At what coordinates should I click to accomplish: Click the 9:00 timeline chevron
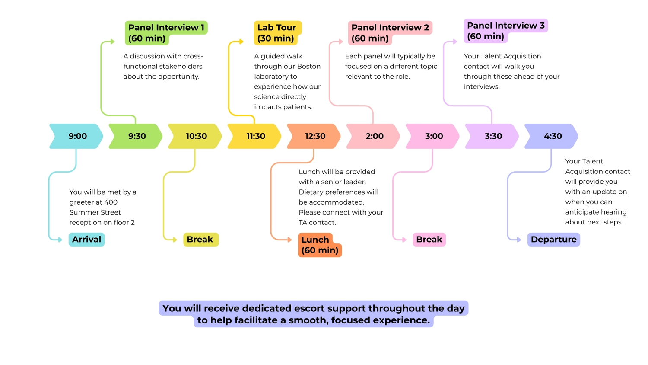point(77,136)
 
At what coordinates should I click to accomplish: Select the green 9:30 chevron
point(137,136)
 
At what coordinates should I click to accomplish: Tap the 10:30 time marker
point(196,136)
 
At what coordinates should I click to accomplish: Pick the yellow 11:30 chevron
point(255,136)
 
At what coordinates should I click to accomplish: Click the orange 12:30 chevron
point(315,136)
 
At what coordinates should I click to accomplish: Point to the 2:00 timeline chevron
point(374,136)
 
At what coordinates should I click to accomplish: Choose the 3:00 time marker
point(434,136)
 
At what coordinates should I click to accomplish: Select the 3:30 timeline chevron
point(493,136)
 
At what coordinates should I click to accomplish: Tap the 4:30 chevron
point(553,136)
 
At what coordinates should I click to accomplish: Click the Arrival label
point(86,240)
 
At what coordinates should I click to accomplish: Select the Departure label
point(553,240)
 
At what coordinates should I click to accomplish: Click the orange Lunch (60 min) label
point(320,245)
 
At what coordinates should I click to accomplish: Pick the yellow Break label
point(200,240)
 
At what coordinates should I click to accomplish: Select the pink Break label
point(429,240)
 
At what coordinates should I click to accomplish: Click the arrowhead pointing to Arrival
point(60,240)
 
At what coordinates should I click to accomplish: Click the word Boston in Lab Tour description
point(308,66)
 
